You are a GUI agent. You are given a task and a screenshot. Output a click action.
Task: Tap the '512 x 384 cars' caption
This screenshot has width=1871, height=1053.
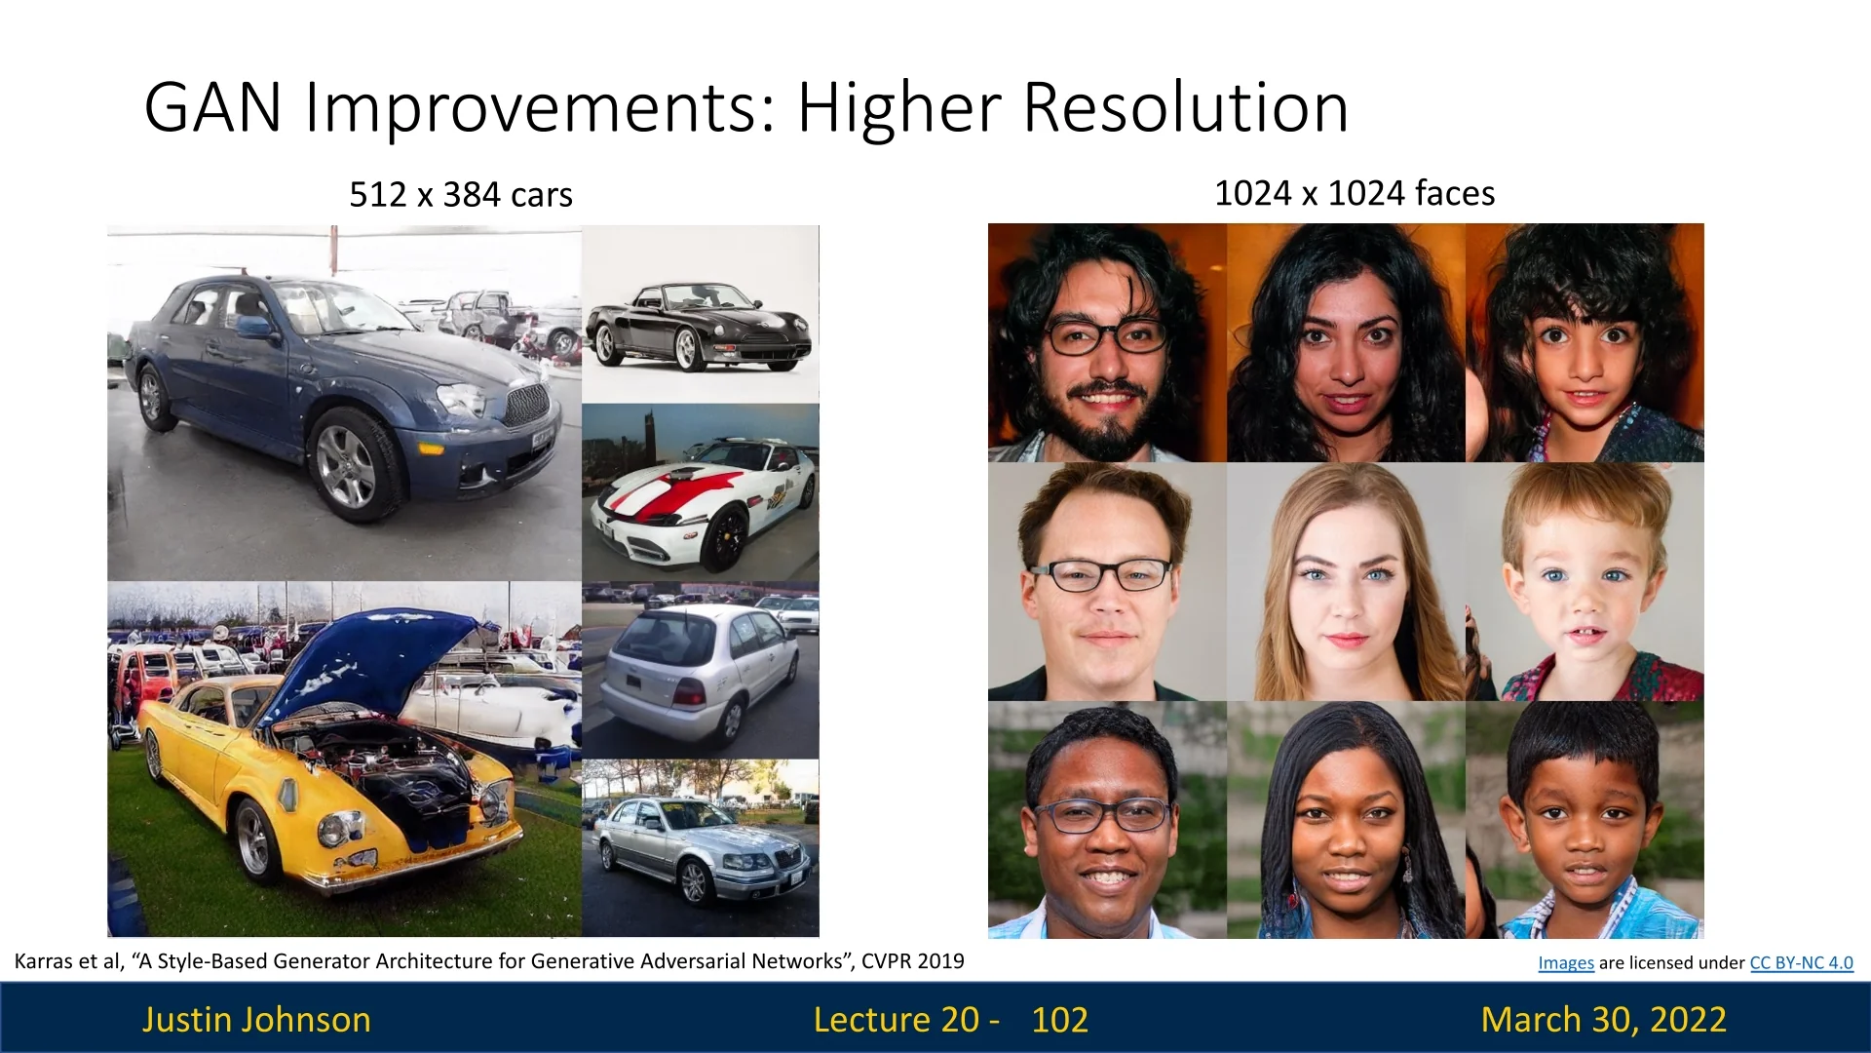461,194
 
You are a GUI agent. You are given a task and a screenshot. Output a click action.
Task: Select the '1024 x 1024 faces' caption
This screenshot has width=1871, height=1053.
1355,193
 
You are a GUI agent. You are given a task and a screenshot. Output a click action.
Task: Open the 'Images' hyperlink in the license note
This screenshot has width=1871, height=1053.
1566,962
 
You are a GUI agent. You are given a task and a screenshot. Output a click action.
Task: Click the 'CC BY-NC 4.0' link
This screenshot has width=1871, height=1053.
1802,962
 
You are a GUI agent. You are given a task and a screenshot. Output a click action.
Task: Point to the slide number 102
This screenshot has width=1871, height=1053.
1060,1019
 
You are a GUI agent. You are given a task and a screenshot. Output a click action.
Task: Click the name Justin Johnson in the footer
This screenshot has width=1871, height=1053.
256,1019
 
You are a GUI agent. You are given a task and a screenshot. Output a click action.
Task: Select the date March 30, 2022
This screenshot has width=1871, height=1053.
1604,1019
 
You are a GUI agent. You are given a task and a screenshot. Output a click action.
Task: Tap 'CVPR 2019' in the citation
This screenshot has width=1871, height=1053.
913,961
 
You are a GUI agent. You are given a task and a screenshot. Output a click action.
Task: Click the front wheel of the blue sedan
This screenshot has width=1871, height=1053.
348,466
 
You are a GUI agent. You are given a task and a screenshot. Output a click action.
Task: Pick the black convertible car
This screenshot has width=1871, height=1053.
698,325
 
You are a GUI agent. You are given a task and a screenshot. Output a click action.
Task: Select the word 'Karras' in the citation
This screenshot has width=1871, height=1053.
44,961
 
